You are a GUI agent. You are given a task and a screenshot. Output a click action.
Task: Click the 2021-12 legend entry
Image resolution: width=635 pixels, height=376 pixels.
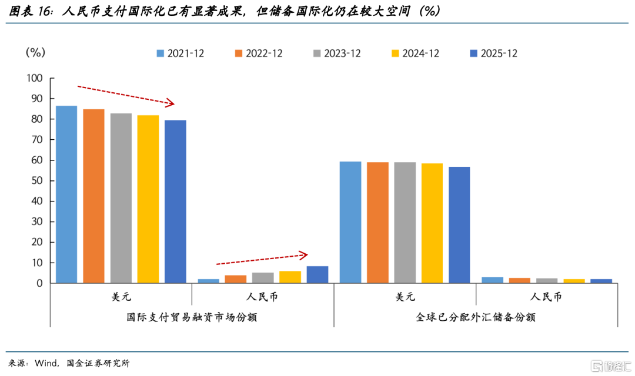[181, 53]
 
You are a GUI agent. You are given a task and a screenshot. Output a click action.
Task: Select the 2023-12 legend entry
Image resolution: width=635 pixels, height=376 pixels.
[337, 53]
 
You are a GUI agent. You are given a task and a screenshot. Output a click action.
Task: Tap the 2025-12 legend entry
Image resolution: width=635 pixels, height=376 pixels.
[494, 53]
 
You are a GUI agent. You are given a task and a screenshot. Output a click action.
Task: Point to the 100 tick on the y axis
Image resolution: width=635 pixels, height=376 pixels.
[35, 78]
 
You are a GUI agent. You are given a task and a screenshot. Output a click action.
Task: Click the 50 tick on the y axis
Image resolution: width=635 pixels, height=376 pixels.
[37, 180]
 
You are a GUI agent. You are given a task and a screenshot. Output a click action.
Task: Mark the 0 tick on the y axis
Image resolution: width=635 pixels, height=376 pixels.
[40, 283]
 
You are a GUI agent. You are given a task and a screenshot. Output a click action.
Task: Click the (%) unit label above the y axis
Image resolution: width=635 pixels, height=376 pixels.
[35, 52]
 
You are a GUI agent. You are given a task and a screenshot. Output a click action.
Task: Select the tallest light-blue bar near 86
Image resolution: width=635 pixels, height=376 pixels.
[66, 194]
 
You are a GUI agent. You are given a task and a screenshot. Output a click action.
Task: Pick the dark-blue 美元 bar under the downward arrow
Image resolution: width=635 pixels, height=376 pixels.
[175, 202]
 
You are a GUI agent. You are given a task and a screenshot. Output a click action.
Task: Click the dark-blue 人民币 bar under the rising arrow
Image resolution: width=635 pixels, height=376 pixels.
[317, 274]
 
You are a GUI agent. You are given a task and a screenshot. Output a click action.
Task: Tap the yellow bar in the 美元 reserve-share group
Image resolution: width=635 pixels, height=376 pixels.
[432, 223]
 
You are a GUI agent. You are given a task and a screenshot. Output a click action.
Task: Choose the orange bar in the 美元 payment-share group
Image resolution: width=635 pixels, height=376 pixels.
[93, 196]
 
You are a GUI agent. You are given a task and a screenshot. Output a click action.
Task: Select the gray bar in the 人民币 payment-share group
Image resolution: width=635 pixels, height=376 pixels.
[263, 278]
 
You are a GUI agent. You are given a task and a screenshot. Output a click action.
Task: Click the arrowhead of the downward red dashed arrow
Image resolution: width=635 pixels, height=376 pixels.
[171, 103]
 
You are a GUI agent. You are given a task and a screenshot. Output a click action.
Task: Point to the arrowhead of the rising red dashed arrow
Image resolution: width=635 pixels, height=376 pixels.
[304, 255]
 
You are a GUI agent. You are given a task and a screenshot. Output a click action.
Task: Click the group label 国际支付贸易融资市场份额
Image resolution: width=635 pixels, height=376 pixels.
[192, 317]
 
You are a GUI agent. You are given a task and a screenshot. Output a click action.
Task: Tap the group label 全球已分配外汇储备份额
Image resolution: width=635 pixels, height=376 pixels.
[476, 317]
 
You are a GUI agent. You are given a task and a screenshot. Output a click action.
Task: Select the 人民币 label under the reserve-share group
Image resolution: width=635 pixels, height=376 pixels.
[546, 297]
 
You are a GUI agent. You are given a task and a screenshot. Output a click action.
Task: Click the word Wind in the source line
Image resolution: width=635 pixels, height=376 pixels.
[46, 363]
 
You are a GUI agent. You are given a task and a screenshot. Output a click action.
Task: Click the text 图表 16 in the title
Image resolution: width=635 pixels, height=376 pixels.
[31, 11]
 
